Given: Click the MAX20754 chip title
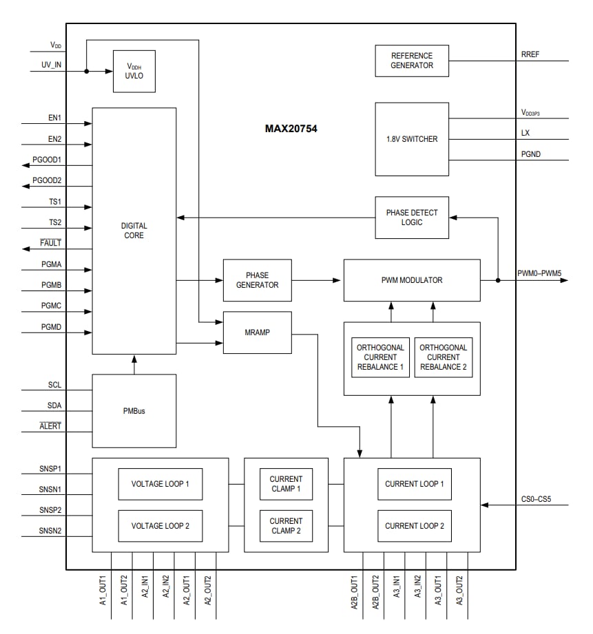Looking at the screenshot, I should pyautogui.click(x=291, y=129).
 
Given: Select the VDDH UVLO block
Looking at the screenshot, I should pyautogui.click(x=134, y=71).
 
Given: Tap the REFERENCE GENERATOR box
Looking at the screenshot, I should pyautogui.click(x=412, y=61).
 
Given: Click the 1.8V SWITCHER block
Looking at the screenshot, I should pyautogui.click(x=412, y=139).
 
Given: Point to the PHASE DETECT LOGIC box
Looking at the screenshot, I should pyautogui.click(x=412, y=218).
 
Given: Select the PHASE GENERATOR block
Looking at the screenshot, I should pyautogui.click(x=257, y=280).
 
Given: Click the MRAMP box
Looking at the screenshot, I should pyautogui.click(x=257, y=332).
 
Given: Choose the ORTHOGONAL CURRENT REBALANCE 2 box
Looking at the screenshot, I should pyautogui.click(x=443, y=357).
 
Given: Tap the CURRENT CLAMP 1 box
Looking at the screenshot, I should pyautogui.click(x=286, y=484).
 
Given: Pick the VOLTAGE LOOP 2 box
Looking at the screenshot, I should pyautogui.click(x=160, y=526).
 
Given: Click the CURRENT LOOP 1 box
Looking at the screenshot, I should pyautogui.click(x=414, y=484).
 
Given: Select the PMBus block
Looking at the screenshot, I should pyautogui.click(x=134, y=412).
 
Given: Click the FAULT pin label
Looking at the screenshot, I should pyautogui.click(x=50, y=243).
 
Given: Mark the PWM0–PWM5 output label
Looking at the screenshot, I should pyautogui.click(x=539, y=273).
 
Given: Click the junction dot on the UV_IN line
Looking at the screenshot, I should pyautogui.click(x=86, y=71).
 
